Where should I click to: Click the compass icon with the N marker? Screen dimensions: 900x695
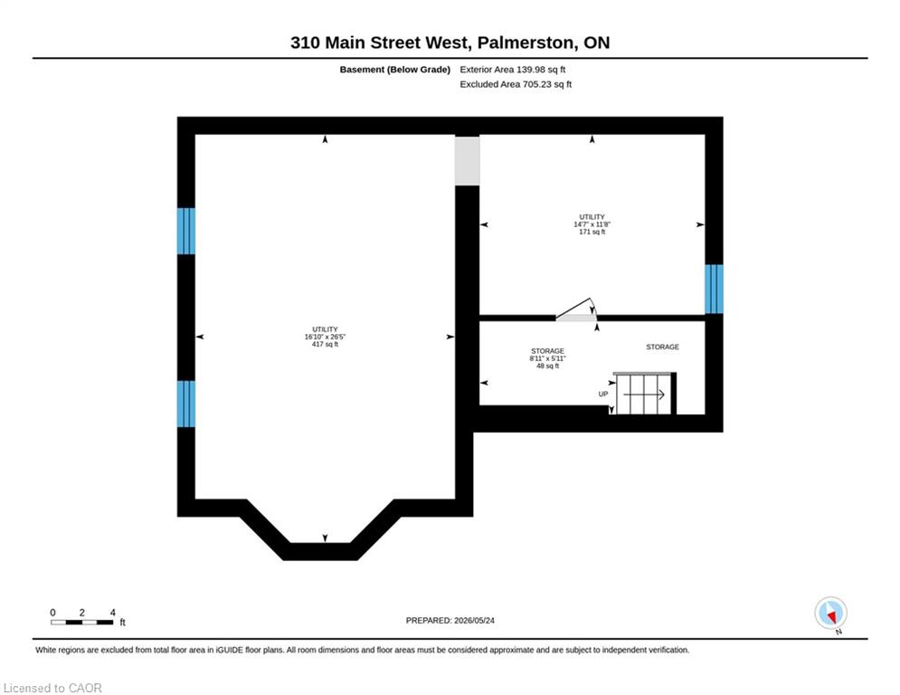click(x=830, y=613)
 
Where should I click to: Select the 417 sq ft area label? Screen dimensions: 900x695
click(x=325, y=345)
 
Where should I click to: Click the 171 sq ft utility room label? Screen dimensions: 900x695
click(x=592, y=232)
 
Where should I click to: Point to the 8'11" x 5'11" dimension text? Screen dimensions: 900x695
click(x=547, y=358)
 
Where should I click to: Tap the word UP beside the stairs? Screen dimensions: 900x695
click(x=603, y=394)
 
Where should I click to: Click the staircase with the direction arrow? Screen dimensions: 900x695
click(x=645, y=394)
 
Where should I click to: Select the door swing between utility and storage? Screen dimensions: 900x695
click(x=576, y=309)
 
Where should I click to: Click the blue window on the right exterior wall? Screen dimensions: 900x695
click(x=714, y=289)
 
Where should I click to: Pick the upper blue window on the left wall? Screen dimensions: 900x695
click(x=186, y=231)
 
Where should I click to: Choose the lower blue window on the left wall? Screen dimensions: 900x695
click(x=186, y=405)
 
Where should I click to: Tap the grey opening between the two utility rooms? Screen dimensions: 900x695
click(x=468, y=161)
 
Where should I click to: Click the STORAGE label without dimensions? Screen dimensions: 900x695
click(x=662, y=347)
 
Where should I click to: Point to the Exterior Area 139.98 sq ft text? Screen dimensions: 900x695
click(x=513, y=70)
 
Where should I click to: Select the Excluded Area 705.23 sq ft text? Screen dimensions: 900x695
click(x=516, y=84)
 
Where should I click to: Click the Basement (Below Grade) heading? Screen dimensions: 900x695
click(x=395, y=70)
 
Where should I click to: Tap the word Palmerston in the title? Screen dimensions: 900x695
click(x=526, y=43)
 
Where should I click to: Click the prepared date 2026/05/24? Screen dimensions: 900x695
click(x=474, y=620)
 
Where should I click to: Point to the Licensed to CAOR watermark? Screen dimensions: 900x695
click(x=52, y=688)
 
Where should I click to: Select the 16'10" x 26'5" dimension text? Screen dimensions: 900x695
click(x=325, y=338)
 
